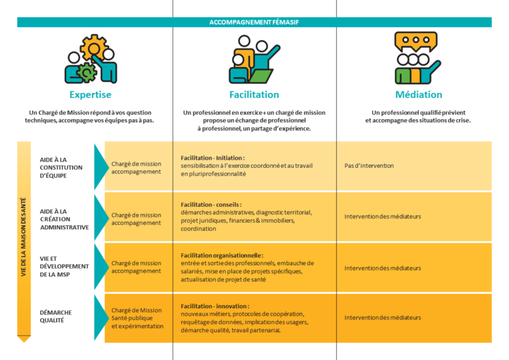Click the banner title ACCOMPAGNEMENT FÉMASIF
point(254,23)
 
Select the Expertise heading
point(90,94)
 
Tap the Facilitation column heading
point(254,94)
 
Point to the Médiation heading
point(419,94)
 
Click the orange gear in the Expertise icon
point(94,47)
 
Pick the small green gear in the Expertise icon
point(86,72)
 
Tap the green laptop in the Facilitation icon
point(261,76)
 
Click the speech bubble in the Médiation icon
point(416,41)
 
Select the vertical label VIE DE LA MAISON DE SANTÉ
point(23,237)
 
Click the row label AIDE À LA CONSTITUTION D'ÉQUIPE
point(61,168)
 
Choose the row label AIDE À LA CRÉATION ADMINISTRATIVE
point(64,219)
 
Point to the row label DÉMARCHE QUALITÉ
point(56,316)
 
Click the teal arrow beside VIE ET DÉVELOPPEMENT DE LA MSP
point(101,267)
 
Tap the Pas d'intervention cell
point(369,166)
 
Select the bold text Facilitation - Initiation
point(213,158)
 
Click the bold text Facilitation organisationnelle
point(222,255)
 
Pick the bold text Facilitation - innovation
point(215,306)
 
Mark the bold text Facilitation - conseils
point(211,204)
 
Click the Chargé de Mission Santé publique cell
point(137,318)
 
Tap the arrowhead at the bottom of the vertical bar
point(24,339)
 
